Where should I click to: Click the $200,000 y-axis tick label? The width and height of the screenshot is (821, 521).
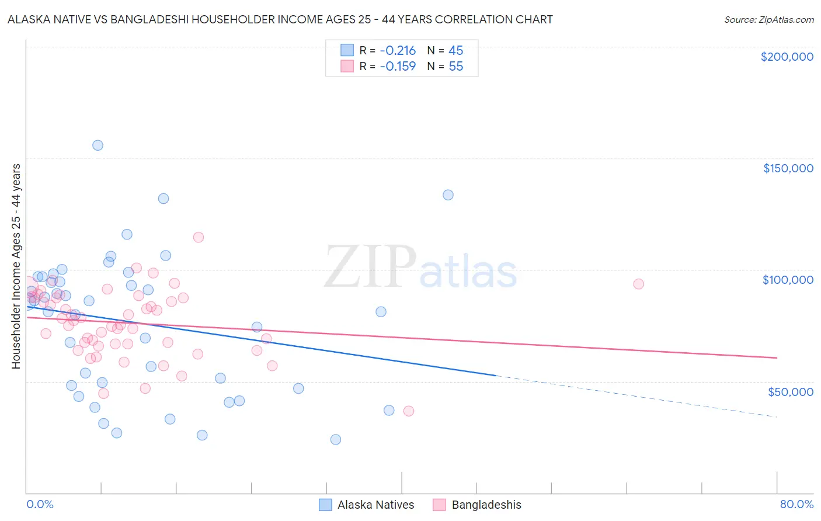(x=787, y=57)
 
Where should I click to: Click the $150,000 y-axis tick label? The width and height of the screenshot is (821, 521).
(x=788, y=168)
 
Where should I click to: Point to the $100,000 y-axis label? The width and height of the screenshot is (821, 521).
(x=788, y=280)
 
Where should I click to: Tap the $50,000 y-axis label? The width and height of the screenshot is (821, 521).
(x=790, y=391)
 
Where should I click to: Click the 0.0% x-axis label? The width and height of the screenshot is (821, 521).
(x=40, y=504)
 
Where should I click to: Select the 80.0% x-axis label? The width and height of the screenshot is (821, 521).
(x=796, y=504)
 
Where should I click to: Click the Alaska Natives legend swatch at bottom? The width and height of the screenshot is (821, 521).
(x=325, y=505)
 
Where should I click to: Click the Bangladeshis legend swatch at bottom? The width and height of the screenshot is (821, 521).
(x=439, y=505)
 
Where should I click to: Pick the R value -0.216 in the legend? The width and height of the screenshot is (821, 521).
(x=398, y=51)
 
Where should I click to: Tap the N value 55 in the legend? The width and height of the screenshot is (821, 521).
(x=455, y=67)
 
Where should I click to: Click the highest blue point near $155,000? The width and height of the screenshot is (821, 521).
(x=98, y=145)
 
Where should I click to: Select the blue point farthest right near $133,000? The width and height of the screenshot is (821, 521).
(x=448, y=195)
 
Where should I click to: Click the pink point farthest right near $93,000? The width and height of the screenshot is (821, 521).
(x=638, y=284)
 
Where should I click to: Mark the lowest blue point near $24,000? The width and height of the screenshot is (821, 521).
(x=335, y=439)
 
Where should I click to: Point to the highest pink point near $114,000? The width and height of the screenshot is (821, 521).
(x=198, y=237)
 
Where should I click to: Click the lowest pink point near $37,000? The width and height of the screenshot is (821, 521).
(x=409, y=411)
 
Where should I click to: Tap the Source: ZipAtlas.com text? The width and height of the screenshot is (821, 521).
(x=768, y=20)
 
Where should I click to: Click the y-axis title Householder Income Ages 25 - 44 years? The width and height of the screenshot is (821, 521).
(x=16, y=266)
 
